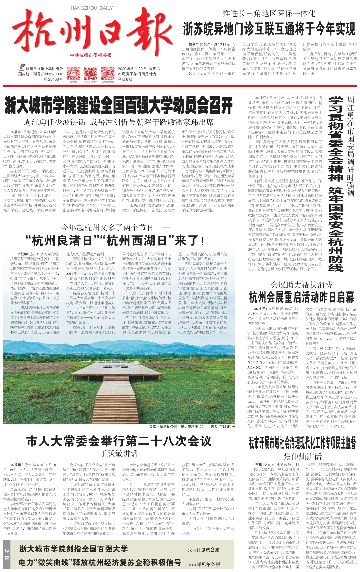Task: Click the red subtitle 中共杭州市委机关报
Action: pos(91,55)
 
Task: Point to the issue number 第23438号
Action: pos(53,79)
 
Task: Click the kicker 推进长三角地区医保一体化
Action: pos(269,13)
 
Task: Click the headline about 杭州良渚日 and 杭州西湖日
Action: pos(115,240)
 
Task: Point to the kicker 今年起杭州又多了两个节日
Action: pos(115,228)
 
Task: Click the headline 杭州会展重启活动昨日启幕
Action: pos(301,296)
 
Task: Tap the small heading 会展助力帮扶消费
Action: pos(301,285)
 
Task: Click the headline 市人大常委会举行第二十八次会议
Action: pos(119,441)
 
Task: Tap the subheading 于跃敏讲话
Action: pos(119,453)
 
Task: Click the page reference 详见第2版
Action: pos(204,550)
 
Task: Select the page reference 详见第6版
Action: pos(204,564)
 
